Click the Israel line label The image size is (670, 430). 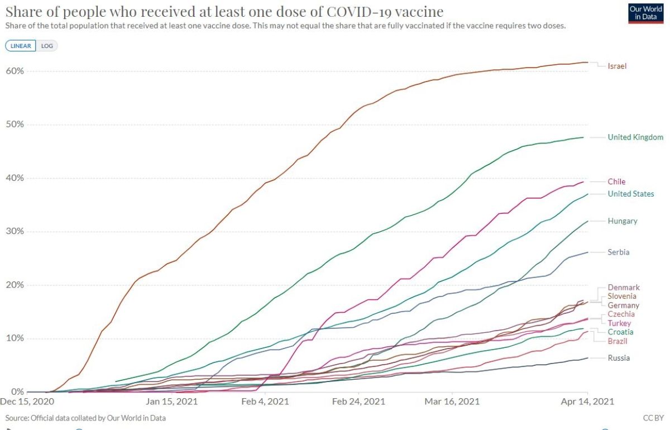[617, 66]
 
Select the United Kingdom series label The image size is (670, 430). [635, 137]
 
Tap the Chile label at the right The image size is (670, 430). [616, 181]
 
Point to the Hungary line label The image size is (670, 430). [623, 221]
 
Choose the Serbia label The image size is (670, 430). [619, 252]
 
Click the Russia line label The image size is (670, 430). [619, 358]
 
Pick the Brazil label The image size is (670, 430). [618, 341]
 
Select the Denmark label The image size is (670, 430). [624, 288]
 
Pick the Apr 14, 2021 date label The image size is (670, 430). [587, 402]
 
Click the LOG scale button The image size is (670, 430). [47, 46]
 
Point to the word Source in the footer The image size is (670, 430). [17, 418]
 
